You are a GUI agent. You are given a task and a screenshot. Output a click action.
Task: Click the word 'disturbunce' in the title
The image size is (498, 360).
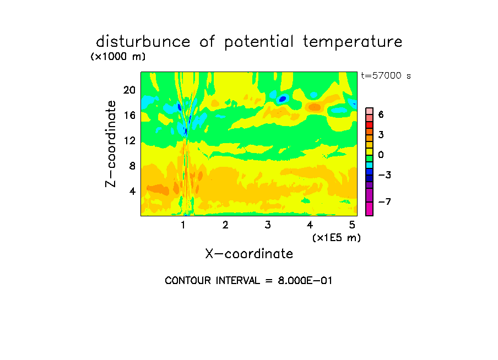tap(143, 42)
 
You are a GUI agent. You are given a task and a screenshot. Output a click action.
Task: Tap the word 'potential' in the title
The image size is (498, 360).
tap(259, 42)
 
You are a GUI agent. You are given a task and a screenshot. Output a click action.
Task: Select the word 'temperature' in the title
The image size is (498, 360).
tap(353, 42)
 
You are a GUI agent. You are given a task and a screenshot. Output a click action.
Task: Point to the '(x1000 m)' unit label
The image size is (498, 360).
tap(118, 57)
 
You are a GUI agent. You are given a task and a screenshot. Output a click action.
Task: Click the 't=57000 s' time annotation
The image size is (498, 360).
tap(386, 75)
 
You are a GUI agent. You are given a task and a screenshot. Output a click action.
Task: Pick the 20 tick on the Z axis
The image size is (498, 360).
tap(129, 90)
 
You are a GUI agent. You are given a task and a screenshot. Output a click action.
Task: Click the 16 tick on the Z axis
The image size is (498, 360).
tap(129, 115)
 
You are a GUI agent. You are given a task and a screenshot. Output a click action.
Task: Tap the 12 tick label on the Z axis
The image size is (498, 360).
tap(129, 140)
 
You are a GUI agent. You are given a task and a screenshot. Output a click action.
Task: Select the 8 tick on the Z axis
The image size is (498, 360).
tap(132, 166)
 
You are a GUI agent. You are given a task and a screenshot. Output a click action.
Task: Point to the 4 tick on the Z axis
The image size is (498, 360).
tap(132, 191)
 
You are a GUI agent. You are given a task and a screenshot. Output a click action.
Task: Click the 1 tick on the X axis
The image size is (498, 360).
tap(183, 225)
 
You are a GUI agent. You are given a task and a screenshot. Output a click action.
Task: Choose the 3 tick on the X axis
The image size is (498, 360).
tap(268, 225)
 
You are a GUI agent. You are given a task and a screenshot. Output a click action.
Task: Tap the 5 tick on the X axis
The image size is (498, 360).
tap(352, 225)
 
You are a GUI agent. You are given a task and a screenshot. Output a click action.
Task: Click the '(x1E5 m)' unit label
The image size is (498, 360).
tap(337, 238)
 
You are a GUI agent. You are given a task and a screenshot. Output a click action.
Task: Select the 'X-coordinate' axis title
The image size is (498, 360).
tap(249, 254)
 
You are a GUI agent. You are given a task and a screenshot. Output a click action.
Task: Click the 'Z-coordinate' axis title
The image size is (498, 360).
tap(111, 144)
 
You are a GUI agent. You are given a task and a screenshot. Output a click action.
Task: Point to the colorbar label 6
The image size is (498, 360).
tap(381, 114)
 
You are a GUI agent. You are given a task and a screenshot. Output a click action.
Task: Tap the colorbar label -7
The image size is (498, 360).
tap(385, 201)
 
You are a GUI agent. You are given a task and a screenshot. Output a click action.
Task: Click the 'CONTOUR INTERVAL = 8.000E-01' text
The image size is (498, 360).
tap(248, 281)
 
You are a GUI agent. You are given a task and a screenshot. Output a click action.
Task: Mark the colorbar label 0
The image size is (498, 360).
tap(381, 155)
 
